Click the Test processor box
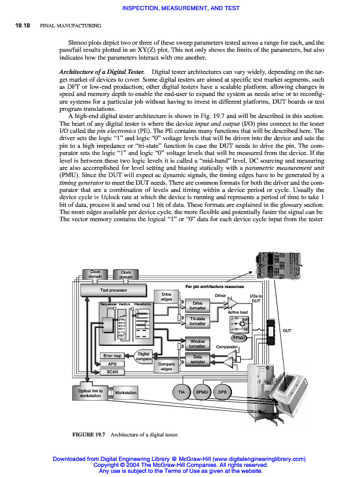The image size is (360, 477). (113, 290)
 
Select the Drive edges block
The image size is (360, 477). (166, 296)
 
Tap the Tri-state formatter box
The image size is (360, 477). (197, 322)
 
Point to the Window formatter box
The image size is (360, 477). (197, 343)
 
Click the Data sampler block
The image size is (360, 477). (197, 360)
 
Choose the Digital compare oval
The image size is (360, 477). (144, 356)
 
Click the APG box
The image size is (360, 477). (112, 364)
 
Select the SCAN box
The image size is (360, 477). (112, 371)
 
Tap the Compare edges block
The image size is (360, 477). (166, 366)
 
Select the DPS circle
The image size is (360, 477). (222, 392)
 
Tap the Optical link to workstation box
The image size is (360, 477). (91, 393)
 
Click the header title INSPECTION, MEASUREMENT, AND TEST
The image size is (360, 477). (180, 8)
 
